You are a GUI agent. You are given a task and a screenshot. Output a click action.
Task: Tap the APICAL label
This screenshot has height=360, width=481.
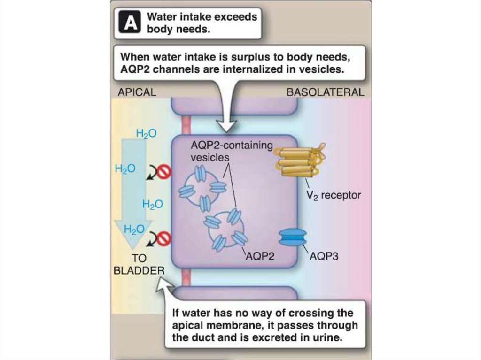coord(137,92)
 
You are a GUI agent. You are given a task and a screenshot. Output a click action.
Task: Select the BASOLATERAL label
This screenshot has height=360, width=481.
coord(325,92)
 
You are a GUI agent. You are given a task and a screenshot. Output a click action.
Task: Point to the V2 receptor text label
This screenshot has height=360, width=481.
coord(334,195)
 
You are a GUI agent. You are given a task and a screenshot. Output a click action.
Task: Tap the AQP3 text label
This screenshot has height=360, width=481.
coord(325,257)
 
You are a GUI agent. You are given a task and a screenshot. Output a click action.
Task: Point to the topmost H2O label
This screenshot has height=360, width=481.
coord(147,134)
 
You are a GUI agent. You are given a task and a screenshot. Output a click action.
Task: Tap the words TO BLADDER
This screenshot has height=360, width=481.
coord(139,264)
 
